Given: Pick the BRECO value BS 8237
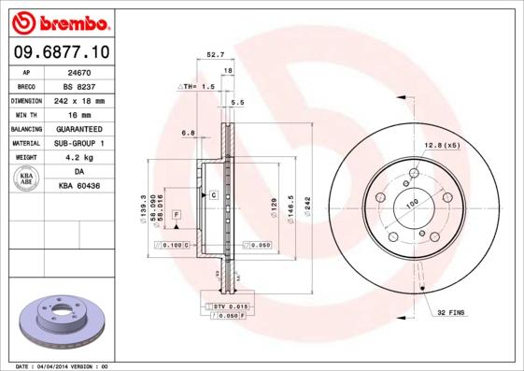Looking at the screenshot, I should pos(80,85).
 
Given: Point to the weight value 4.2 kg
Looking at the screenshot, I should pos(78,158).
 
